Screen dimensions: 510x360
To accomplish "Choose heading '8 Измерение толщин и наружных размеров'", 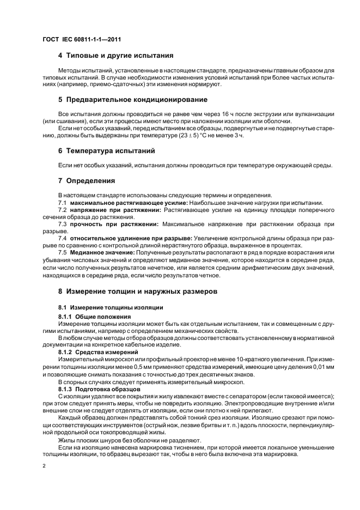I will click(x=137, y=292).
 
